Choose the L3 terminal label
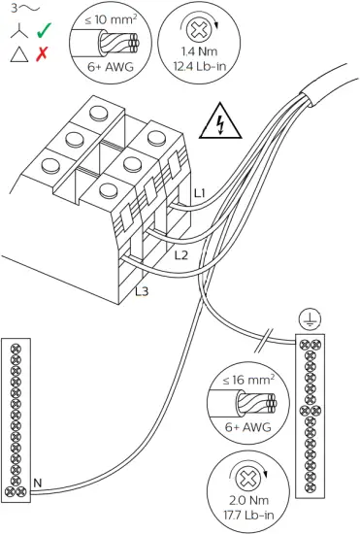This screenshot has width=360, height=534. click(x=142, y=289)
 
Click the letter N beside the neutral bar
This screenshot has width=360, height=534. click(x=37, y=483)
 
